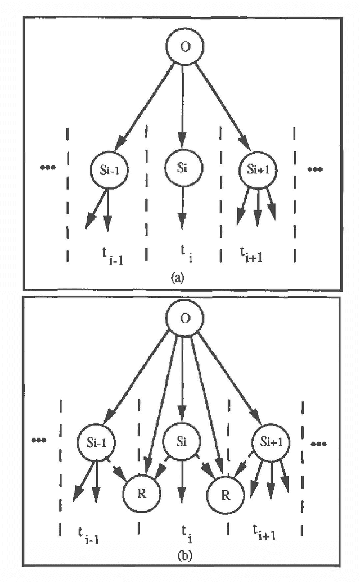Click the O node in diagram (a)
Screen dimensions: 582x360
[183, 46]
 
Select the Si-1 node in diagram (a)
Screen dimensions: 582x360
[109, 168]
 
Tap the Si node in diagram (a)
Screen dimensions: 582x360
[183, 167]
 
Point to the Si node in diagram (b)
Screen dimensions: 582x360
[181, 440]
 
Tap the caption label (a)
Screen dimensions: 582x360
[182, 276]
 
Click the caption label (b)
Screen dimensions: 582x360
[182, 557]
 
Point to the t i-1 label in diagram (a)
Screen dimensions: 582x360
[110, 254]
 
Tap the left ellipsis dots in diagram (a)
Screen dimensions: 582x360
[48, 167]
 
